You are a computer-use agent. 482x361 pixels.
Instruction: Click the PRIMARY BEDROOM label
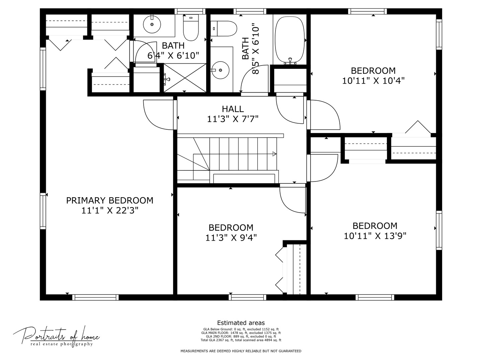[x=109, y=200]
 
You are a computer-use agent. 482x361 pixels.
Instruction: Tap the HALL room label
[x=233, y=109]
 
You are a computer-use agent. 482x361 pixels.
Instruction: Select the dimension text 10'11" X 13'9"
[x=375, y=236]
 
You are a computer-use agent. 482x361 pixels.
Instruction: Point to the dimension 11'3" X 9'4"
[x=231, y=238]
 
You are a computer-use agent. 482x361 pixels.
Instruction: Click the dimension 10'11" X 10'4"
[x=373, y=81]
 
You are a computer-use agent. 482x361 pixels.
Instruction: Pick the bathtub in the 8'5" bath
[x=290, y=40]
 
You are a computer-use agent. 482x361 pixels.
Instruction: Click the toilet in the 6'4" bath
[x=191, y=27]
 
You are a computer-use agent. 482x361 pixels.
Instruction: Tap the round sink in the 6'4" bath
[x=152, y=25]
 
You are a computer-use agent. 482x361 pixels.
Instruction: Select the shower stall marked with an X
[x=185, y=78]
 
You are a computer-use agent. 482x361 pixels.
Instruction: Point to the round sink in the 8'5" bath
[x=220, y=70]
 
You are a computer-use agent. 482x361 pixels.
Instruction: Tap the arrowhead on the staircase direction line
[x=274, y=154]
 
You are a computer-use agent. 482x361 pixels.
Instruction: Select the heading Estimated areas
[x=241, y=323]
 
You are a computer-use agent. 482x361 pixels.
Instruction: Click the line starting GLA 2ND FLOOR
[x=241, y=336]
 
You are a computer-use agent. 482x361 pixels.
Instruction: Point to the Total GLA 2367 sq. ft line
[x=241, y=340]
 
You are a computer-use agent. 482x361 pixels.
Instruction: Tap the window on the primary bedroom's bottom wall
[x=95, y=297]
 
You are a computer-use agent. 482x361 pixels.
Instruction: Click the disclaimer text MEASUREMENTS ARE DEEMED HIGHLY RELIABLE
[x=241, y=351]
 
